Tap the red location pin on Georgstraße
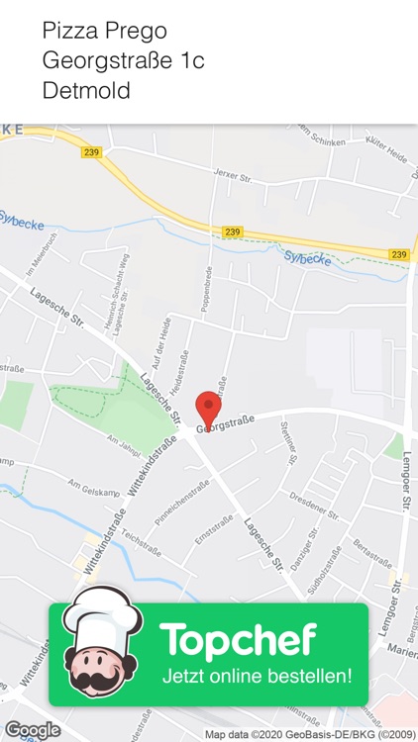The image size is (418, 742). pyautogui.click(x=207, y=409)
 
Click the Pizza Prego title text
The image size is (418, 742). pyautogui.click(x=104, y=32)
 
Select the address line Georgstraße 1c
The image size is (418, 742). pyautogui.click(x=123, y=60)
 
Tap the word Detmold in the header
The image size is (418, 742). pyautogui.click(x=86, y=90)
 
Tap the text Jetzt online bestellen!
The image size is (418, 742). pyautogui.click(x=257, y=678)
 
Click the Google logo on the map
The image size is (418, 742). pyautogui.click(x=33, y=730)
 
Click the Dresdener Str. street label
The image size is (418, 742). pyautogui.click(x=315, y=504)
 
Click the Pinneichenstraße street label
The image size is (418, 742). pyautogui.click(x=184, y=505)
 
